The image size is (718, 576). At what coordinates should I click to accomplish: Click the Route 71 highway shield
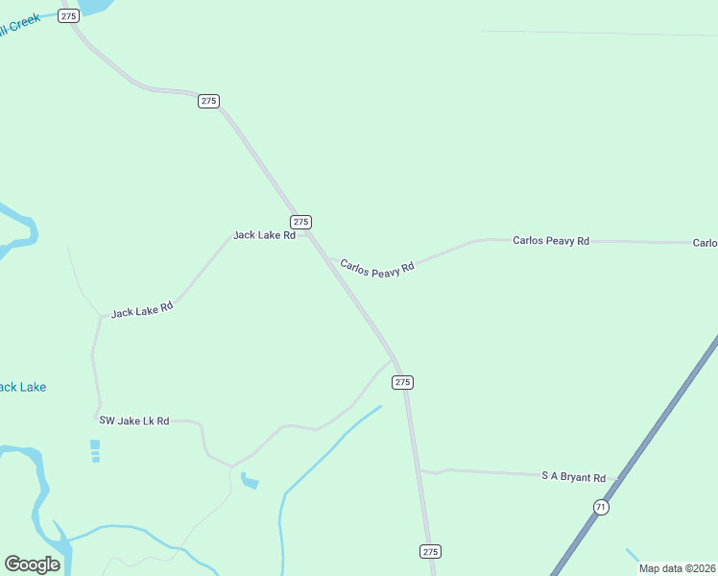[601, 507]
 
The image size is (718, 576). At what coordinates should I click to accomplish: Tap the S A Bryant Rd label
[574, 477]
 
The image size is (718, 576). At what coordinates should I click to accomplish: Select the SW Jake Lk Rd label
[134, 421]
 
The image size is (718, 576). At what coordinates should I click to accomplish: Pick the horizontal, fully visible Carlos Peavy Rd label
[551, 241]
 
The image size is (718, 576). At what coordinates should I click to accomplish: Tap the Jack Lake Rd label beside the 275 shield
[264, 235]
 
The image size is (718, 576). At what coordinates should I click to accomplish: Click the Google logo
[33, 564]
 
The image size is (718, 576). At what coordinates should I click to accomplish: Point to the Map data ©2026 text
[677, 567]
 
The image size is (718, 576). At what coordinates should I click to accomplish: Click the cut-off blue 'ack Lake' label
[22, 387]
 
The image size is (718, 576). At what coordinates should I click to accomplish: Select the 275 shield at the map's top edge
[68, 16]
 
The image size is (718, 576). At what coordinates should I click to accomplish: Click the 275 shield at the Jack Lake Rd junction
[300, 222]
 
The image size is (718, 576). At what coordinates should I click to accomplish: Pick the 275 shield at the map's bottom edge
[430, 551]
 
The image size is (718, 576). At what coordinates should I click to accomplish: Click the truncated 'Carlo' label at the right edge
[706, 243]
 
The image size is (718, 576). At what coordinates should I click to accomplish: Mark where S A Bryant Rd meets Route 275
[419, 470]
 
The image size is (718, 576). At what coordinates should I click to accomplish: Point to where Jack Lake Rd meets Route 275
[309, 234]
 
